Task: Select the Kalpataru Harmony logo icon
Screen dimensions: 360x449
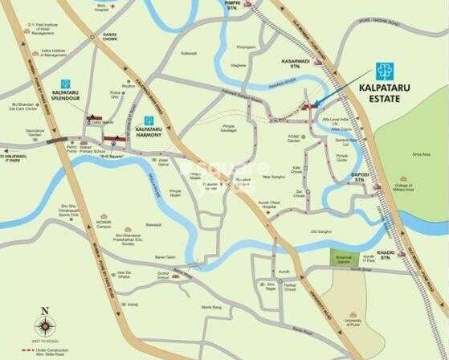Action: (x=148, y=121)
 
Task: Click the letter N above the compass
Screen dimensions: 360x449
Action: (x=46, y=310)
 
